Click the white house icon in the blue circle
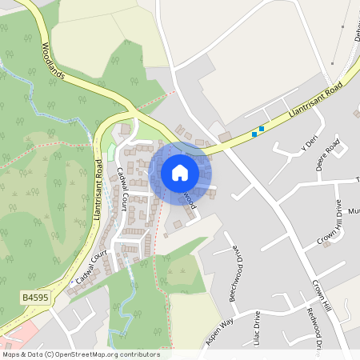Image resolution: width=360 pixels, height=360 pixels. [180, 173]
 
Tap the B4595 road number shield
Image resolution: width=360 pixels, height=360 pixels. [34, 298]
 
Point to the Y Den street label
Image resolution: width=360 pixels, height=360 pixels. [309, 146]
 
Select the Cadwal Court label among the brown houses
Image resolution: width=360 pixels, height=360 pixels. [122, 189]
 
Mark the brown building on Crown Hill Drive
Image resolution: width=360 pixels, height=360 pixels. [326, 243]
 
